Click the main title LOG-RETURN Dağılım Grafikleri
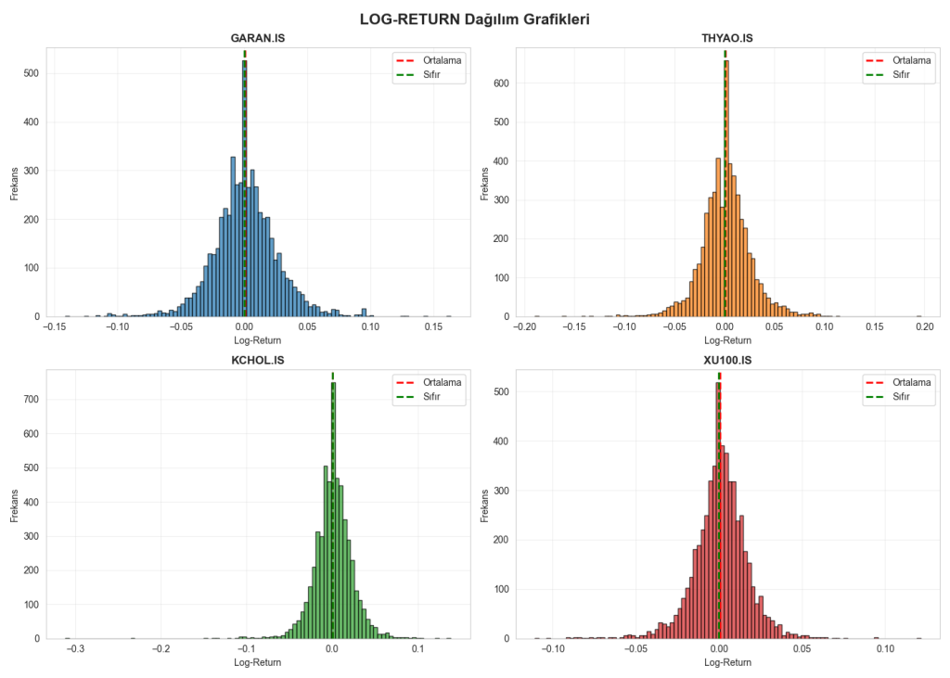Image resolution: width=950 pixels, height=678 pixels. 475,18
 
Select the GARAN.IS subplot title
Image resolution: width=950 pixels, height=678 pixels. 257,38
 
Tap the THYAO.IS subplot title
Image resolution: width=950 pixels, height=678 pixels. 726,38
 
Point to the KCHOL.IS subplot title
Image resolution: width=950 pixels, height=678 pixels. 257,360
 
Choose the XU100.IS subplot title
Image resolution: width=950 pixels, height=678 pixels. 726,360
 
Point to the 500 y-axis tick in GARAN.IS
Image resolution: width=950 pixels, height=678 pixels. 31,73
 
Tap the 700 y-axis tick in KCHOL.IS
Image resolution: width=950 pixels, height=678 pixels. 31,400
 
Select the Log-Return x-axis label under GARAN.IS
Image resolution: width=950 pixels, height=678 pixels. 257,340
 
